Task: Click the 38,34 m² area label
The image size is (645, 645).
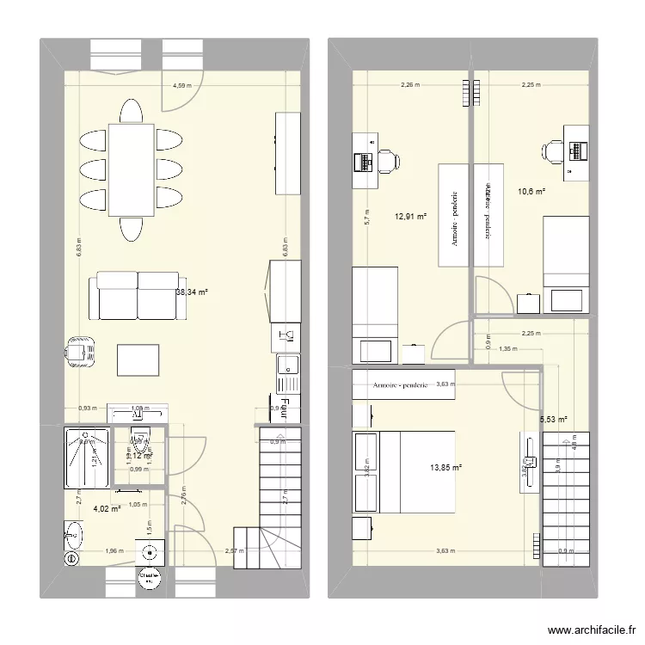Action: (x=192, y=292)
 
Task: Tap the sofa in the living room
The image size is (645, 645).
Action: (x=138, y=292)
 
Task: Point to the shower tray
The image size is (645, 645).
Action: (x=87, y=449)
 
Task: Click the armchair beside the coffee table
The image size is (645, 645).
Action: (x=81, y=352)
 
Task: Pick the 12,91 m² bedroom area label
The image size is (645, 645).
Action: (x=410, y=217)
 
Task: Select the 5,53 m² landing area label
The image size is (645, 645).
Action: (x=553, y=420)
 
